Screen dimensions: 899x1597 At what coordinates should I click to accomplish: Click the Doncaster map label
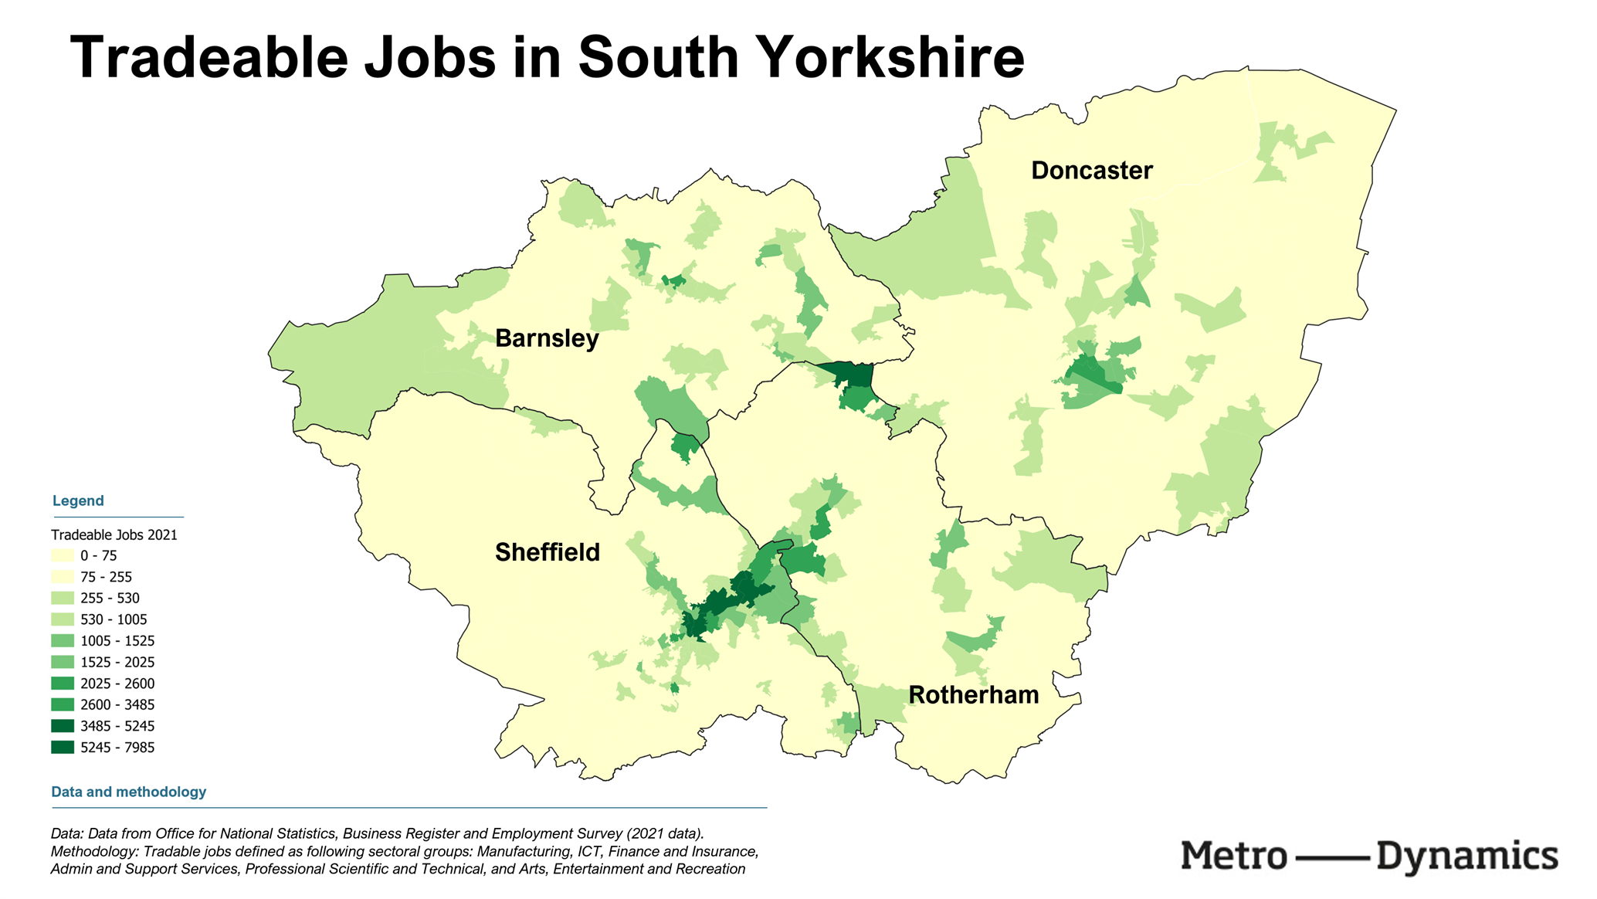[1091, 171]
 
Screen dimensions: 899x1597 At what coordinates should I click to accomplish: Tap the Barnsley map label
[547, 338]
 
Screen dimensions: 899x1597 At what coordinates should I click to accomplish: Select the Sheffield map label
[547, 552]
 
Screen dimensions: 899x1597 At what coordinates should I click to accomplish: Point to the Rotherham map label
[973, 695]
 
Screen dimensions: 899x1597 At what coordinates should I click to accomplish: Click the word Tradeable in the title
[209, 58]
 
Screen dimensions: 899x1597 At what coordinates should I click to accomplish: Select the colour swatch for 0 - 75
[63, 555]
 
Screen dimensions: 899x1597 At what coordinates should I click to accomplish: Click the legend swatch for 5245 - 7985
[63, 748]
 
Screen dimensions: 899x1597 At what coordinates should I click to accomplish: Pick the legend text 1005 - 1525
[117, 641]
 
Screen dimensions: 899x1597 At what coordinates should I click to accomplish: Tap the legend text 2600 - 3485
[117, 705]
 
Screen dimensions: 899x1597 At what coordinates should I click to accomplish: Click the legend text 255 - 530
[110, 599]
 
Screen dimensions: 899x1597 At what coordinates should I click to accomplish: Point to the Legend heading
[78, 500]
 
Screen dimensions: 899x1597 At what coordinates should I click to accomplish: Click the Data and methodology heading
[128, 792]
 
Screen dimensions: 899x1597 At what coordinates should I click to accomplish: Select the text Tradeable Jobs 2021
[114, 534]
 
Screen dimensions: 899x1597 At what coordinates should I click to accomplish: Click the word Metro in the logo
[1233, 857]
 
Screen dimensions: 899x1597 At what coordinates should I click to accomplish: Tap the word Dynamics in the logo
[1466, 857]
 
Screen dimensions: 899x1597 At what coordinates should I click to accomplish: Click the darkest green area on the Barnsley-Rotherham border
[849, 375]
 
